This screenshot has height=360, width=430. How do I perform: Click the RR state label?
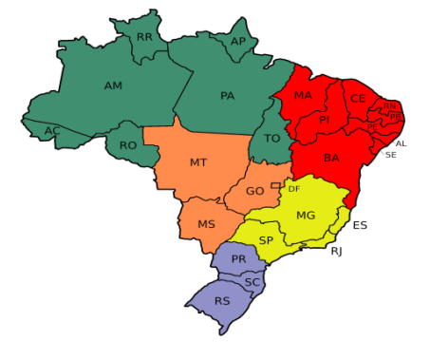(144, 37)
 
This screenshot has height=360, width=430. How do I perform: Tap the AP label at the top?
(238, 41)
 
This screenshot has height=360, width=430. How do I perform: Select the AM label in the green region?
(113, 85)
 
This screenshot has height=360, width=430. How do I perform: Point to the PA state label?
(227, 95)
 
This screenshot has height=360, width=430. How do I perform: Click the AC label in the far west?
(53, 130)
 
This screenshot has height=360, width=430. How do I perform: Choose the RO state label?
(127, 145)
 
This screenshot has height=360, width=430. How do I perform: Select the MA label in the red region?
(303, 96)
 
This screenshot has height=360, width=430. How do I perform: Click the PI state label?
(324, 120)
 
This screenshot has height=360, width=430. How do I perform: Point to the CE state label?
(358, 98)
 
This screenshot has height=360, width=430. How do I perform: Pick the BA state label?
(331, 158)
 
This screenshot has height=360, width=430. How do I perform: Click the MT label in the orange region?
(197, 162)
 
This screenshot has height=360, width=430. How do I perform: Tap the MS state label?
(207, 224)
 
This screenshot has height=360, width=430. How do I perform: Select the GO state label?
(254, 191)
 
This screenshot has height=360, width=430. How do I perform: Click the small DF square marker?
(275, 185)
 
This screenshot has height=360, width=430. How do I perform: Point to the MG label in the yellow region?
(305, 216)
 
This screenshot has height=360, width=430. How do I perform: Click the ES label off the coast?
(360, 225)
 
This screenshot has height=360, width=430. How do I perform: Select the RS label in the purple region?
(222, 301)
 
